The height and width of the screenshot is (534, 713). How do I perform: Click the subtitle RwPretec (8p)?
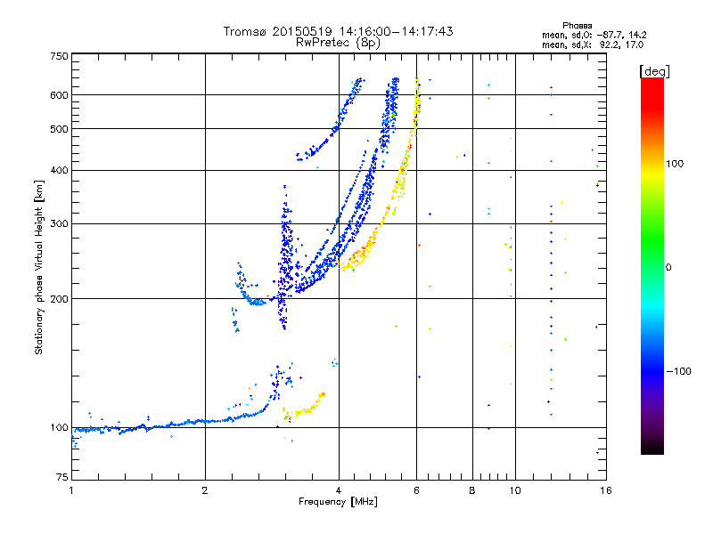click(x=338, y=43)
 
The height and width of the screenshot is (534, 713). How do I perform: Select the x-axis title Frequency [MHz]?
click(x=338, y=502)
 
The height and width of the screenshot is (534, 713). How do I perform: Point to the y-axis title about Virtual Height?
click(x=39, y=267)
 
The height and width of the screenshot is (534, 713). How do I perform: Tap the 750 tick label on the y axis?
click(x=60, y=56)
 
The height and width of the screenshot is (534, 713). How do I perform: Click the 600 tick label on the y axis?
click(x=60, y=95)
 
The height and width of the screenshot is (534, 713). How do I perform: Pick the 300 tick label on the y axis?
click(x=60, y=224)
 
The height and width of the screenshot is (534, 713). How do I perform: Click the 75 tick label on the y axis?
click(x=62, y=477)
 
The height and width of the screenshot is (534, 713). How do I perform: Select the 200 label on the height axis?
click(x=60, y=299)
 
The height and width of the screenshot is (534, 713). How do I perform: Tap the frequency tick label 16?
click(x=606, y=490)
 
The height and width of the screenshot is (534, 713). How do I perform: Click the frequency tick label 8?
click(x=472, y=490)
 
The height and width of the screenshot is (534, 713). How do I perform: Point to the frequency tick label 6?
click(x=416, y=490)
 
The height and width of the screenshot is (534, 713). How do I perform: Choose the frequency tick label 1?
click(x=71, y=490)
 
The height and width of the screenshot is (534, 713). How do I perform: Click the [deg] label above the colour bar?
click(x=654, y=71)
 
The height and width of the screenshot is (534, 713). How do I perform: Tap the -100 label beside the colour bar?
click(x=679, y=371)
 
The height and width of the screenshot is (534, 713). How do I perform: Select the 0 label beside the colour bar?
click(x=668, y=268)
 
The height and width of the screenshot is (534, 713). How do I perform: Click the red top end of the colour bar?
click(x=652, y=80)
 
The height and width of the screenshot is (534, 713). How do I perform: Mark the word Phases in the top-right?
click(x=577, y=26)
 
